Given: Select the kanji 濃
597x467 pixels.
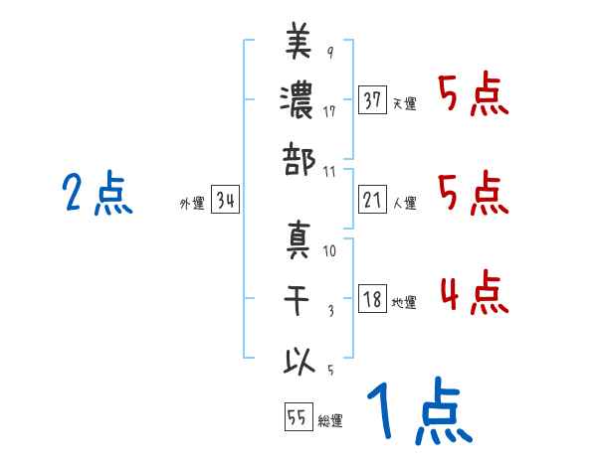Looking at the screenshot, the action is (x=298, y=100).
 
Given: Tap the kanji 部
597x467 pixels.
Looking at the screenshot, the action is (x=298, y=159).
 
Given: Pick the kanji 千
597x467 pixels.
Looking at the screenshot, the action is (x=298, y=300).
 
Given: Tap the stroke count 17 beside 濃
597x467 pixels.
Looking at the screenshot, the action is (x=329, y=111).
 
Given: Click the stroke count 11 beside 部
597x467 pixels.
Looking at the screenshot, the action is (x=329, y=171).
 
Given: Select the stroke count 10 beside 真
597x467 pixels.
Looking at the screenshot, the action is (x=329, y=251).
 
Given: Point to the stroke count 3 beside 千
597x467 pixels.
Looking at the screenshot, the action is (x=329, y=311).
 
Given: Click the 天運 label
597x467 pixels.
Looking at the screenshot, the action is (x=404, y=103).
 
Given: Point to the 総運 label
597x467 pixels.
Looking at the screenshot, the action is (x=330, y=421).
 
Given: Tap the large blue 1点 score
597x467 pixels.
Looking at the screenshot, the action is (x=417, y=411).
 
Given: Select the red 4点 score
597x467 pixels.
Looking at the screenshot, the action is (x=473, y=295).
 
